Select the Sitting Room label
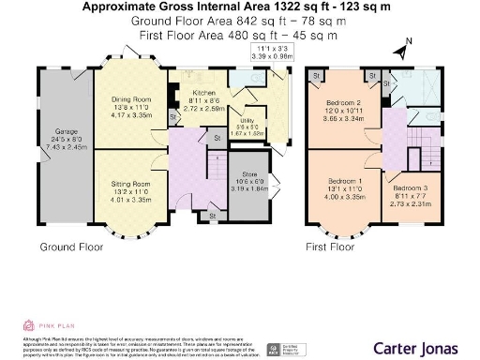coord(132,184)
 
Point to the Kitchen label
coord(204,94)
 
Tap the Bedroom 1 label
coord(344,179)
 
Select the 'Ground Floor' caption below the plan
coord(69,247)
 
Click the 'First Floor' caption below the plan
coord(331,247)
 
